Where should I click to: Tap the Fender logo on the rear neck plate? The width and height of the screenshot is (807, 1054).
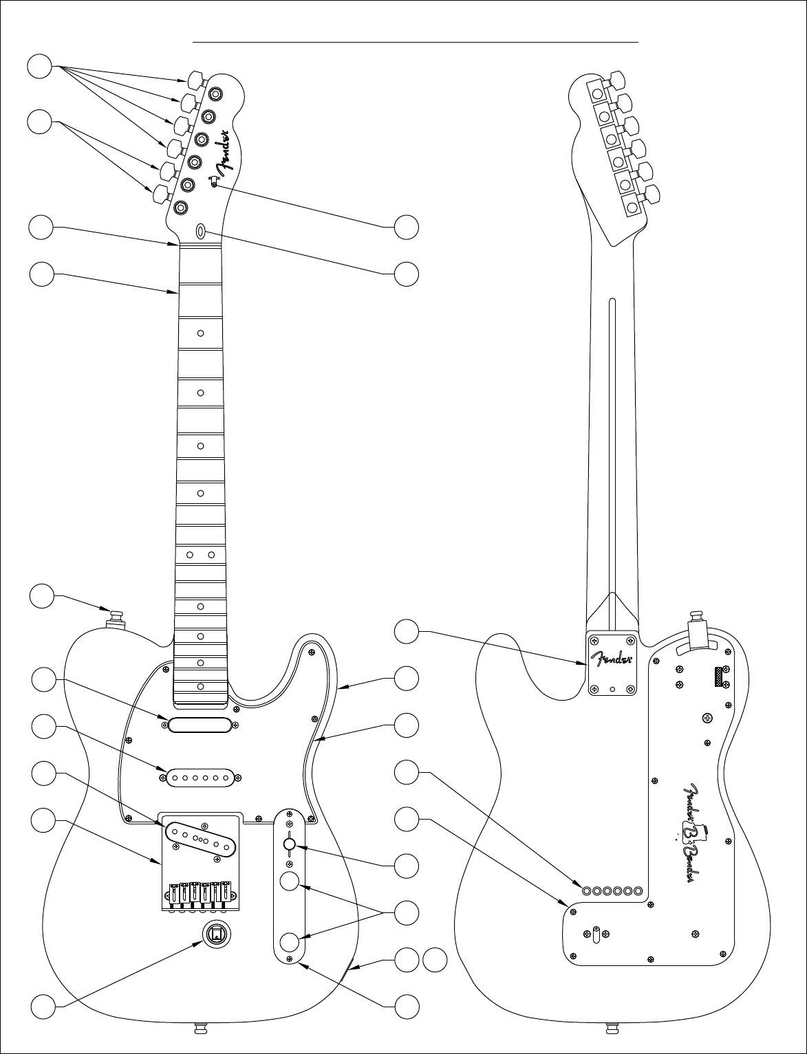pyautogui.click(x=612, y=658)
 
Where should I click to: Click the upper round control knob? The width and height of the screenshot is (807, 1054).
pyautogui.click(x=290, y=881)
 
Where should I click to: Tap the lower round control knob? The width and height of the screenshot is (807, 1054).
pyautogui.click(x=290, y=942)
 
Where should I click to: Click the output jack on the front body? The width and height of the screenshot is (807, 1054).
pyautogui.click(x=217, y=933)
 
